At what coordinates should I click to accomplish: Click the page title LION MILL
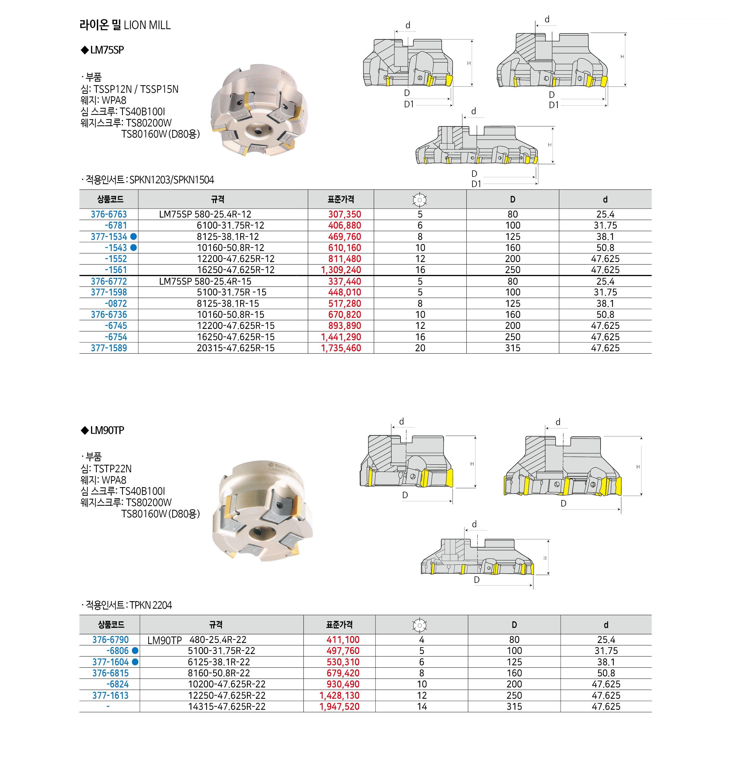tap(125, 25)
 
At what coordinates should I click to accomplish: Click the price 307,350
tap(344, 214)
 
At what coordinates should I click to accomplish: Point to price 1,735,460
tap(341, 348)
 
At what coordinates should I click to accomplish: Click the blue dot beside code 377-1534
tap(133, 237)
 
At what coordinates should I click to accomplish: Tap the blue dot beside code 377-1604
tap(135, 662)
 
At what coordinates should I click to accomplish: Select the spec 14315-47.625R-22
tap(227, 706)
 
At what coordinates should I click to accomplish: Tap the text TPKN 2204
tap(150, 605)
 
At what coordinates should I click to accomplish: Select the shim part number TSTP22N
tap(113, 469)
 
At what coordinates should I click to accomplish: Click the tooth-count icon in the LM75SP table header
tap(420, 199)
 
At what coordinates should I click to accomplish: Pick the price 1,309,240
tap(341, 270)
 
